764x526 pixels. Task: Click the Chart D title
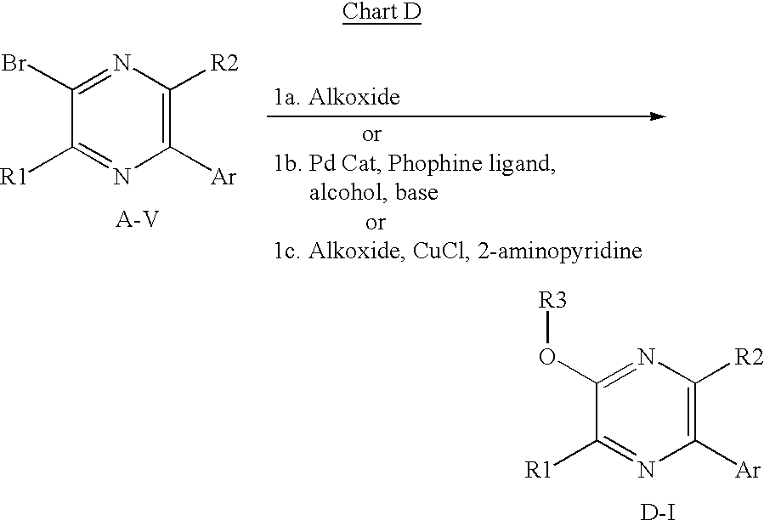click(382, 12)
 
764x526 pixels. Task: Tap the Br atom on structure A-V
click(14, 63)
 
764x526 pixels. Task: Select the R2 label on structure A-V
click(224, 63)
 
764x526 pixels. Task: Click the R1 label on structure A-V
click(14, 177)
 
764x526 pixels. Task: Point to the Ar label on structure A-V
click(224, 177)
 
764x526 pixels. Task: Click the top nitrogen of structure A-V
click(122, 63)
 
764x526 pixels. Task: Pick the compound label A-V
click(137, 220)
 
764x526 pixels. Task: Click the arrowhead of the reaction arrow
click(658, 116)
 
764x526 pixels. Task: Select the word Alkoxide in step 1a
click(354, 97)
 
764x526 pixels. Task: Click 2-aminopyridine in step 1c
click(560, 252)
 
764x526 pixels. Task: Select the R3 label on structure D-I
click(552, 300)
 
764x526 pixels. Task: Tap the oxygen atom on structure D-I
click(547, 357)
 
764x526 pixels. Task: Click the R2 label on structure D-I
click(749, 357)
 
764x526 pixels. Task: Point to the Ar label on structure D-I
click(748, 471)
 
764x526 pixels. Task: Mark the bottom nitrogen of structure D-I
click(646, 471)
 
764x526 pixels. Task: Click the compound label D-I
click(658, 513)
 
